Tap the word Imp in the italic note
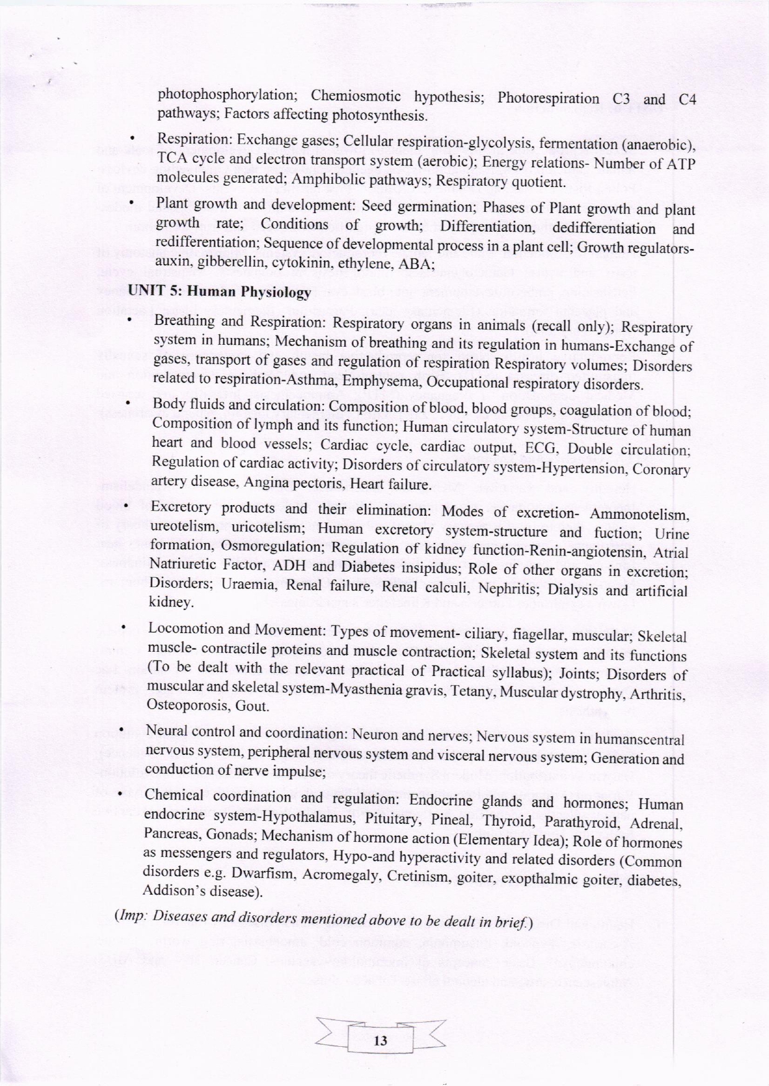[131, 915]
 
